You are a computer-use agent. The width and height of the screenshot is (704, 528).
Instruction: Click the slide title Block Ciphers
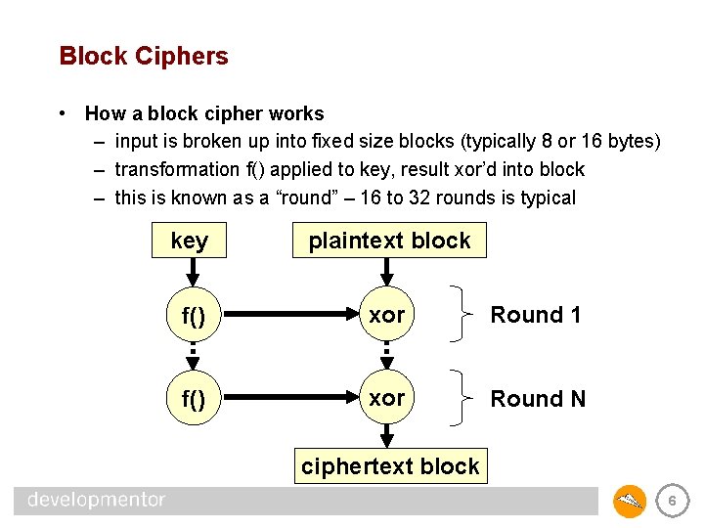(x=144, y=56)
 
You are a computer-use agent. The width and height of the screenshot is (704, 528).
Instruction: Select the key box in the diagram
(x=189, y=241)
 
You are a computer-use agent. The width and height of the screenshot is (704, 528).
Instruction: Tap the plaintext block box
(x=389, y=241)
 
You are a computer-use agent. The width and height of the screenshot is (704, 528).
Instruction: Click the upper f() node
(x=193, y=316)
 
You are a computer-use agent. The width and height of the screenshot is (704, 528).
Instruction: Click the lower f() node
(x=193, y=400)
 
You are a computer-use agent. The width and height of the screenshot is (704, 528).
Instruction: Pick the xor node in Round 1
(x=387, y=315)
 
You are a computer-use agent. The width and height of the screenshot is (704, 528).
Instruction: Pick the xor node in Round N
(x=387, y=399)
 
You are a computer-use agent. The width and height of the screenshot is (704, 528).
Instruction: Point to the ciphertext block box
(x=390, y=466)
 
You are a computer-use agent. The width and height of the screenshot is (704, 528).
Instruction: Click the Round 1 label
(x=535, y=315)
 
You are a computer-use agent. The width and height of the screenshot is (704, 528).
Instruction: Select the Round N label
(x=538, y=399)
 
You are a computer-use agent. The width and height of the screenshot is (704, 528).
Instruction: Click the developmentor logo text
(x=97, y=501)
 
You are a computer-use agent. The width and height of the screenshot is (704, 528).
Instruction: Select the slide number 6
(x=671, y=502)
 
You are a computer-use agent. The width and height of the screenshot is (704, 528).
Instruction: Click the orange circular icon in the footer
(x=630, y=502)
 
